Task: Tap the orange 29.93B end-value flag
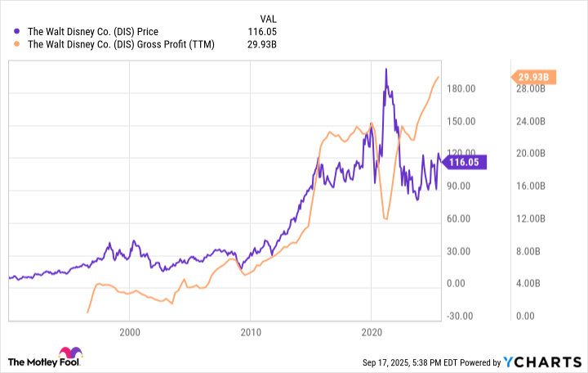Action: click(535, 78)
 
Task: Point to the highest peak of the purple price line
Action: click(386, 70)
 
